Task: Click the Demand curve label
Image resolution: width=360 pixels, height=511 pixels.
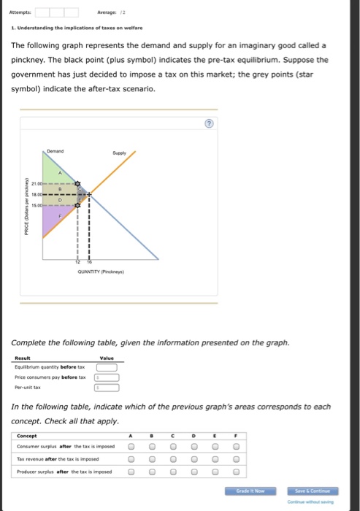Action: point(55,150)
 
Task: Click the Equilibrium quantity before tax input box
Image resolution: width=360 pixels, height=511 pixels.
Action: point(107,367)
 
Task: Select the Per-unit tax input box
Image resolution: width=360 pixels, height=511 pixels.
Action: point(107,387)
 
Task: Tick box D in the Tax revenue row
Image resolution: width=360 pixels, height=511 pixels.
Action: point(195,459)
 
